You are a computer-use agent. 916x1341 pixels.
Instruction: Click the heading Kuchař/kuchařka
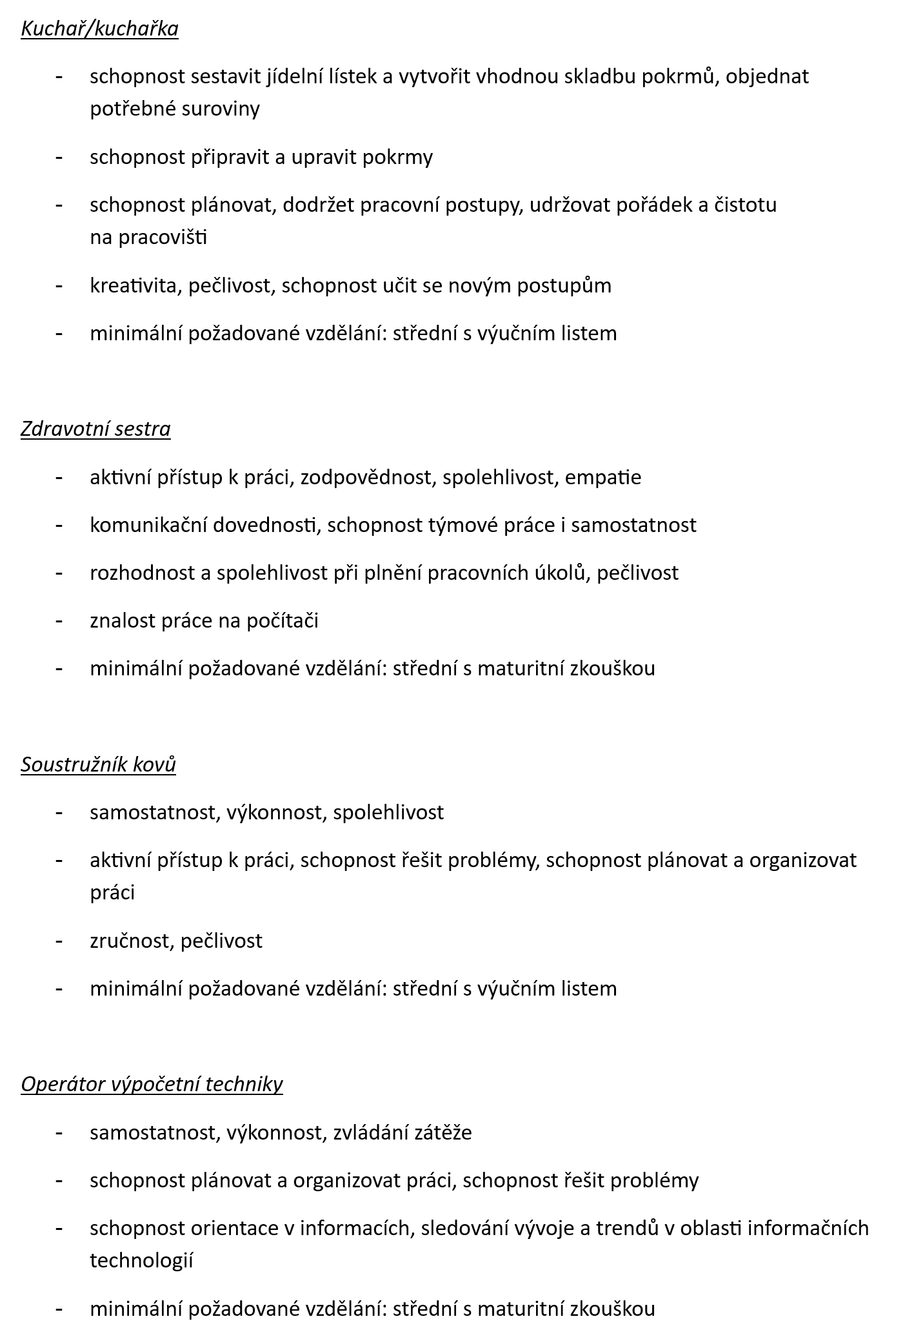(99, 29)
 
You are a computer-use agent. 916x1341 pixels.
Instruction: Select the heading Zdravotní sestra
(95, 429)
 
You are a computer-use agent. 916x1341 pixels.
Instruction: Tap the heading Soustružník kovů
(98, 764)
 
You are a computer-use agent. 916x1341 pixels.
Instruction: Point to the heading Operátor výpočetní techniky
(152, 1084)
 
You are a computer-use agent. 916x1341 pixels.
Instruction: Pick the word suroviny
(220, 108)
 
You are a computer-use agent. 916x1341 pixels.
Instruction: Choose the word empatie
(607, 477)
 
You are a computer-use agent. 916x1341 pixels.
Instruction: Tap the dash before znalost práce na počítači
(59, 620)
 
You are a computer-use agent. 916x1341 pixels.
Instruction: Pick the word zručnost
(131, 941)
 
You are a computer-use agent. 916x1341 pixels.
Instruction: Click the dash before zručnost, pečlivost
(59, 941)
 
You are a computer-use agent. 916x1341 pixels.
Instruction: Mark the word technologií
(141, 1260)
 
